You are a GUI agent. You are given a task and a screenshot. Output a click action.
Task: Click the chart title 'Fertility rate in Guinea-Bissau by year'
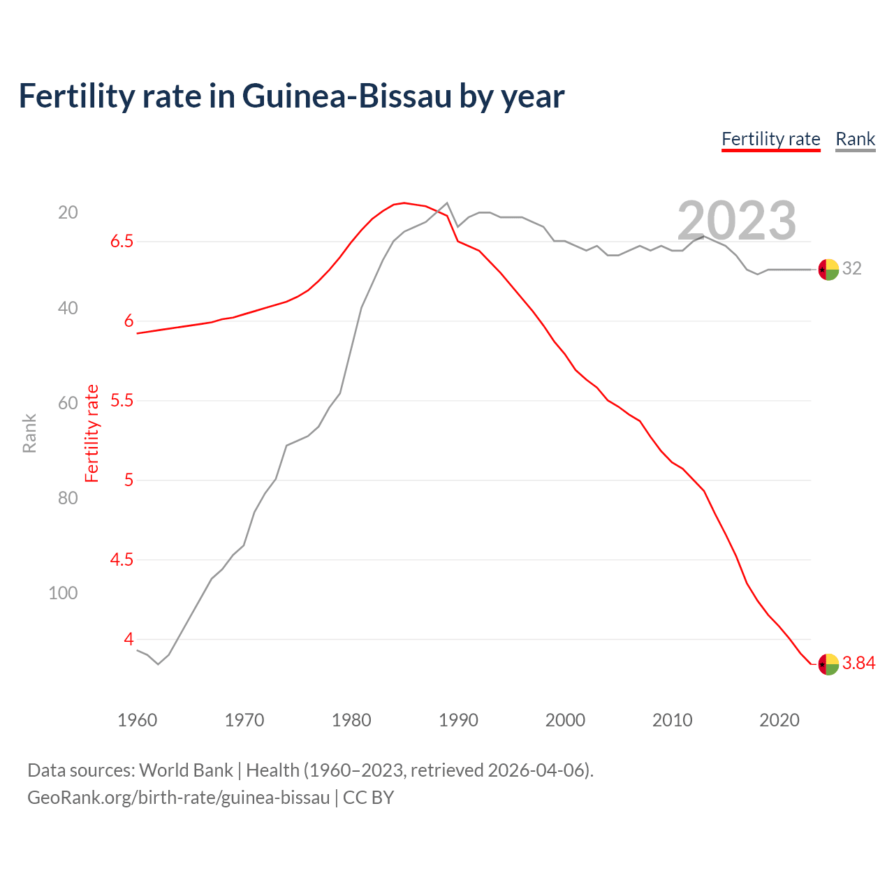[x=291, y=96]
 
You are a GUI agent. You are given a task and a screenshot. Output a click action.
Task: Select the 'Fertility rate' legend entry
[x=770, y=139]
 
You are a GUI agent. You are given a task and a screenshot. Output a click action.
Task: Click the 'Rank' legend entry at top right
[x=855, y=139]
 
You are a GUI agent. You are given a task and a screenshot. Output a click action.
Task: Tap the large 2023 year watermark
[x=737, y=221]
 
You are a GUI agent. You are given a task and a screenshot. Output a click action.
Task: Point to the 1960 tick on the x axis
[x=138, y=720]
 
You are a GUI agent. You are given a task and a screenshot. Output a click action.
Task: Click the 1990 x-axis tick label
[x=458, y=720]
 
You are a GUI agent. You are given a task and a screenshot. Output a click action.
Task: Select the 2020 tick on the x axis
[x=779, y=720]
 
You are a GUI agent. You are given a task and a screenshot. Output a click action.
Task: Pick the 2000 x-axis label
[x=565, y=720]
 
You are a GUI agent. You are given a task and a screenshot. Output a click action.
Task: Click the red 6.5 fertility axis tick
[x=122, y=242]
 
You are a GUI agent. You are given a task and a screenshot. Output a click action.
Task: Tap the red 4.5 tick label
[x=122, y=560]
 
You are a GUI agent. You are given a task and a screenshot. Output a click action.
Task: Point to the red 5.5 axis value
[x=122, y=401]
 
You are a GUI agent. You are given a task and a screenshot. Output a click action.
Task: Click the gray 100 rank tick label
[x=63, y=593]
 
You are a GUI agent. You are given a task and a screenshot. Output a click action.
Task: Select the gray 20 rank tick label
[x=68, y=212]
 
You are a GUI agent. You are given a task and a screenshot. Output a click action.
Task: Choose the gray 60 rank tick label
[x=68, y=403]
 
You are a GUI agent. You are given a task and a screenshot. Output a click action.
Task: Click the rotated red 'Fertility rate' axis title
[x=92, y=433]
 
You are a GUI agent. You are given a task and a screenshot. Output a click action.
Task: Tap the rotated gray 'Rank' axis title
[x=29, y=433]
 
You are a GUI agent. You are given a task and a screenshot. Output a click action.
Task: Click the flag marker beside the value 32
[x=828, y=269]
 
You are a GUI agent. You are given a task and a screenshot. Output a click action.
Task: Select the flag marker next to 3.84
[x=828, y=664]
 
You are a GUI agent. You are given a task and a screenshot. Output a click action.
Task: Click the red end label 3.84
[x=858, y=664]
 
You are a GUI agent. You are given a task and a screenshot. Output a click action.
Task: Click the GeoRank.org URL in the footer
[x=178, y=798]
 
